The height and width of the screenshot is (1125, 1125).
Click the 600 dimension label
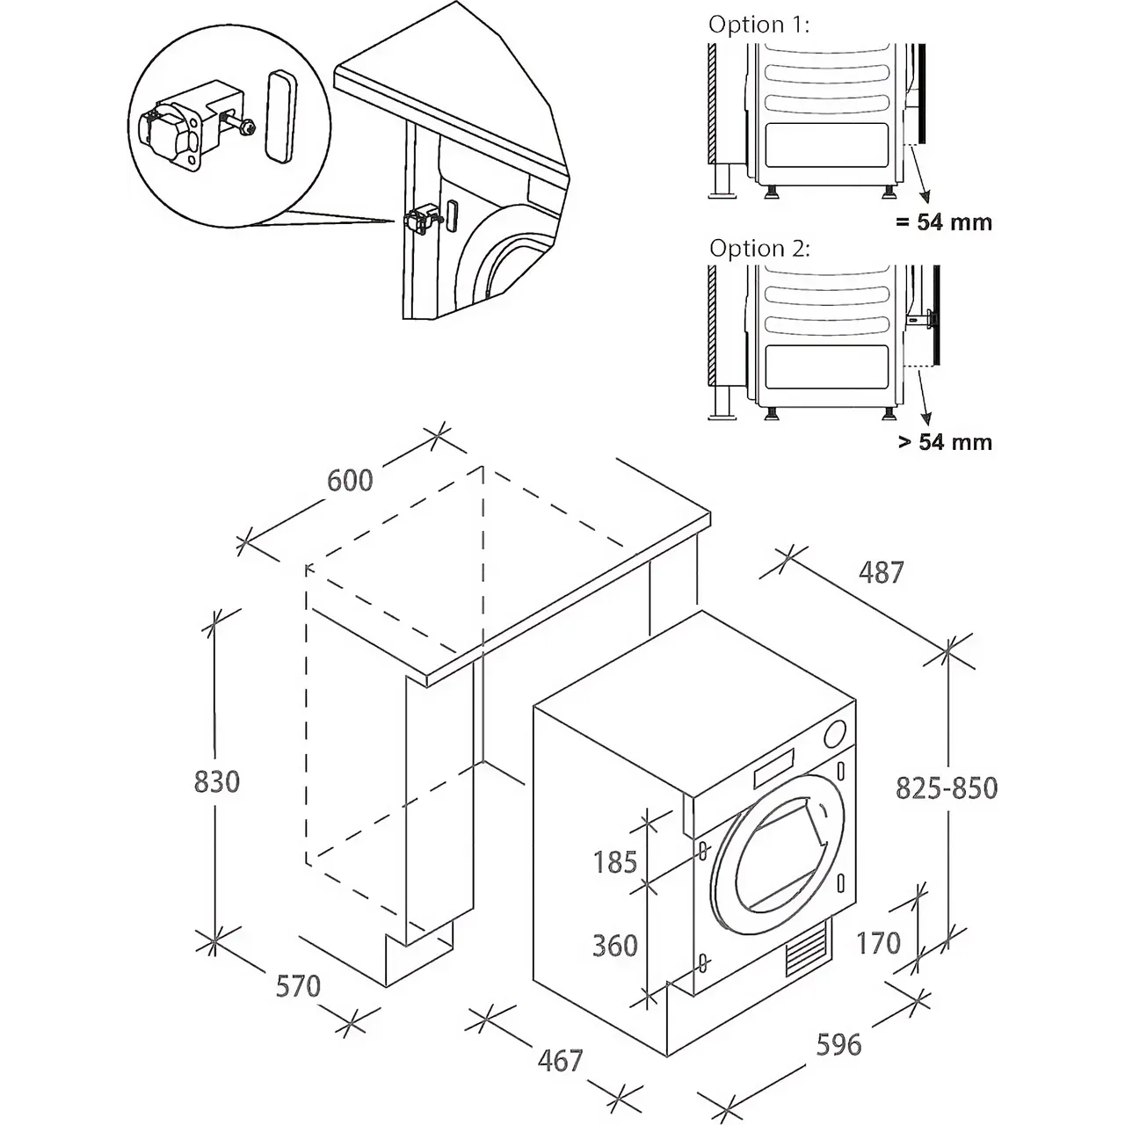pyautogui.click(x=350, y=480)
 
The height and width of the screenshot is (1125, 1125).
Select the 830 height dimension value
pyautogui.click(x=216, y=781)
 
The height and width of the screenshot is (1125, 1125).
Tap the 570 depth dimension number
pyautogui.click(x=298, y=986)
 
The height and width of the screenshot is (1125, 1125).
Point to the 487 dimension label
pyautogui.click(x=881, y=572)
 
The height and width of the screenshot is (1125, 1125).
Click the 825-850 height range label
pyautogui.click(x=946, y=788)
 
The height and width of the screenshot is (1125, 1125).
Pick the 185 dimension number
pyautogui.click(x=614, y=862)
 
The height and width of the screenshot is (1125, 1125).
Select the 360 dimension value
pyautogui.click(x=614, y=946)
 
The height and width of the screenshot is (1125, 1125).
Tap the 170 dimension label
pyautogui.click(x=878, y=943)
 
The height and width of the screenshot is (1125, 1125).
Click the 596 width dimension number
pyautogui.click(x=838, y=1044)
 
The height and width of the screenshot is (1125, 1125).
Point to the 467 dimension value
pyautogui.click(x=560, y=1060)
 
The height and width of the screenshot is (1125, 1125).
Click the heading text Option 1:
pyautogui.click(x=758, y=25)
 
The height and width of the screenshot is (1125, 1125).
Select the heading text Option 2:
pyautogui.click(x=759, y=249)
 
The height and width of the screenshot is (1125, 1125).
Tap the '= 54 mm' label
pyautogui.click(x=943, y=222)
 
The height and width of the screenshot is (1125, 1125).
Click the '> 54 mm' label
pyautogui.click(x=945, y=441)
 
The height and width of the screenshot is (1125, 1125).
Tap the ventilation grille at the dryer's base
pyautogui.click(x=806, y=951)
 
